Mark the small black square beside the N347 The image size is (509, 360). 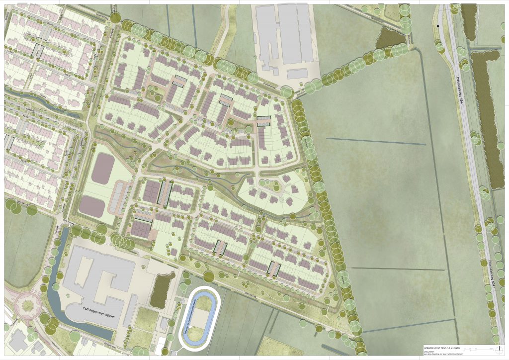click(x=438, y=25)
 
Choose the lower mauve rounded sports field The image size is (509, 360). click(x=92, y=206)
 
